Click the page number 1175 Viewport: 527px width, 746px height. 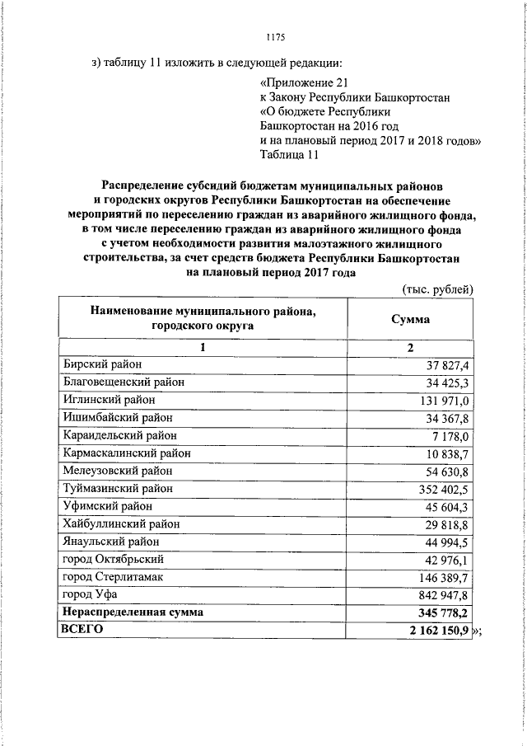pos(276,36)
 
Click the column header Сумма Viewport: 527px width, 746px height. pos(410,318)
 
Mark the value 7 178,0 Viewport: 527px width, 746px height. pos(450,436)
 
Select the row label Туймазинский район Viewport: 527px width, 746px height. pos(118,489)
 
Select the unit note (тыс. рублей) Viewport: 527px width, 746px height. pos(438,289)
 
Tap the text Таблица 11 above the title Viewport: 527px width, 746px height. pos(288,154)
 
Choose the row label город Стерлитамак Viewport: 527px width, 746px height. pos(113,577)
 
